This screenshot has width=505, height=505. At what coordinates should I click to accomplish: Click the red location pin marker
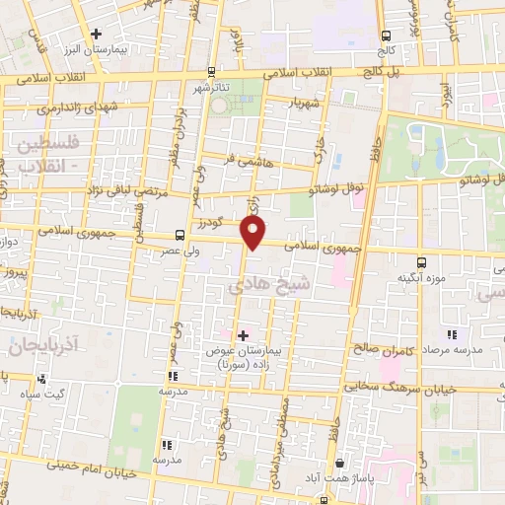click(253, 233)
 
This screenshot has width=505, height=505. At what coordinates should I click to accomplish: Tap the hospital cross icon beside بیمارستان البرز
click(96, 34)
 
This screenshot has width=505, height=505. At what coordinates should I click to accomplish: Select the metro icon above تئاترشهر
click(212, 72)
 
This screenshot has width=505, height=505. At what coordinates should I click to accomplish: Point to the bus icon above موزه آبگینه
click(421, 262)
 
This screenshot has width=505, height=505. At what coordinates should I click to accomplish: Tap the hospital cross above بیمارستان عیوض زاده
click(243, 335)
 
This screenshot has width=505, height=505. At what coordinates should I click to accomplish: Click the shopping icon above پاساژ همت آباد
click(340, 463)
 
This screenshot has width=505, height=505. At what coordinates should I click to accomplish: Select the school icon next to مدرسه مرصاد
click(452, 335)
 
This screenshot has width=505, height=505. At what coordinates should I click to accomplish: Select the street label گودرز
click(222, 225)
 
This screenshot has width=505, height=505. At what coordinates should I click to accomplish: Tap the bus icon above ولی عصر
click(180, 235)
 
